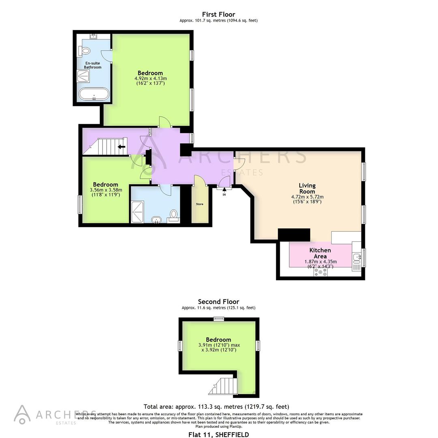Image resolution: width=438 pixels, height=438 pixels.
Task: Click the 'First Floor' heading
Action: [x=219, y=14]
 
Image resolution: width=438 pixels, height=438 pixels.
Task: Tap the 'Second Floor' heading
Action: [x=219, y=301]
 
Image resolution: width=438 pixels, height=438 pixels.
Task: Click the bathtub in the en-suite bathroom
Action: [x=94, y=94]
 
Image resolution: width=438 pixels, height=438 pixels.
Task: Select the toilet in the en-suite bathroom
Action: [x=85, y=51]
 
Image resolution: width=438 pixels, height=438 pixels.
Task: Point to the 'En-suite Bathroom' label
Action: [x=93, y=65]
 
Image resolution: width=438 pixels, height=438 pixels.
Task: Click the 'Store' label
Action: [x=200, y=204]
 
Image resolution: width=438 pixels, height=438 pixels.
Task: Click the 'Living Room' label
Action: [x=307, y=188]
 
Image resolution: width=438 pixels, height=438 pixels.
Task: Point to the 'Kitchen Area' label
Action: [x=320, y=253]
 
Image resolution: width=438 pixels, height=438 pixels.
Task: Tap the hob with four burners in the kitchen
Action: [x=321, y=273]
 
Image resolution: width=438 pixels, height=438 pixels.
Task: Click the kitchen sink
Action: [x=357, y=257]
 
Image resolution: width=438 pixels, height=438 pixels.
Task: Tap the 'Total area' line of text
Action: [x=216, y=406]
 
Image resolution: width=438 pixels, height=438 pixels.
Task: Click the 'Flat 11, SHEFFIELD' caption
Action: [x=219, y=434]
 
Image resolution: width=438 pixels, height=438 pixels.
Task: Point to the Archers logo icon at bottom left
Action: [x=22, y=414]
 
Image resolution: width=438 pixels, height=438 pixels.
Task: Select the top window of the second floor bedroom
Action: [x=219, y=318]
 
